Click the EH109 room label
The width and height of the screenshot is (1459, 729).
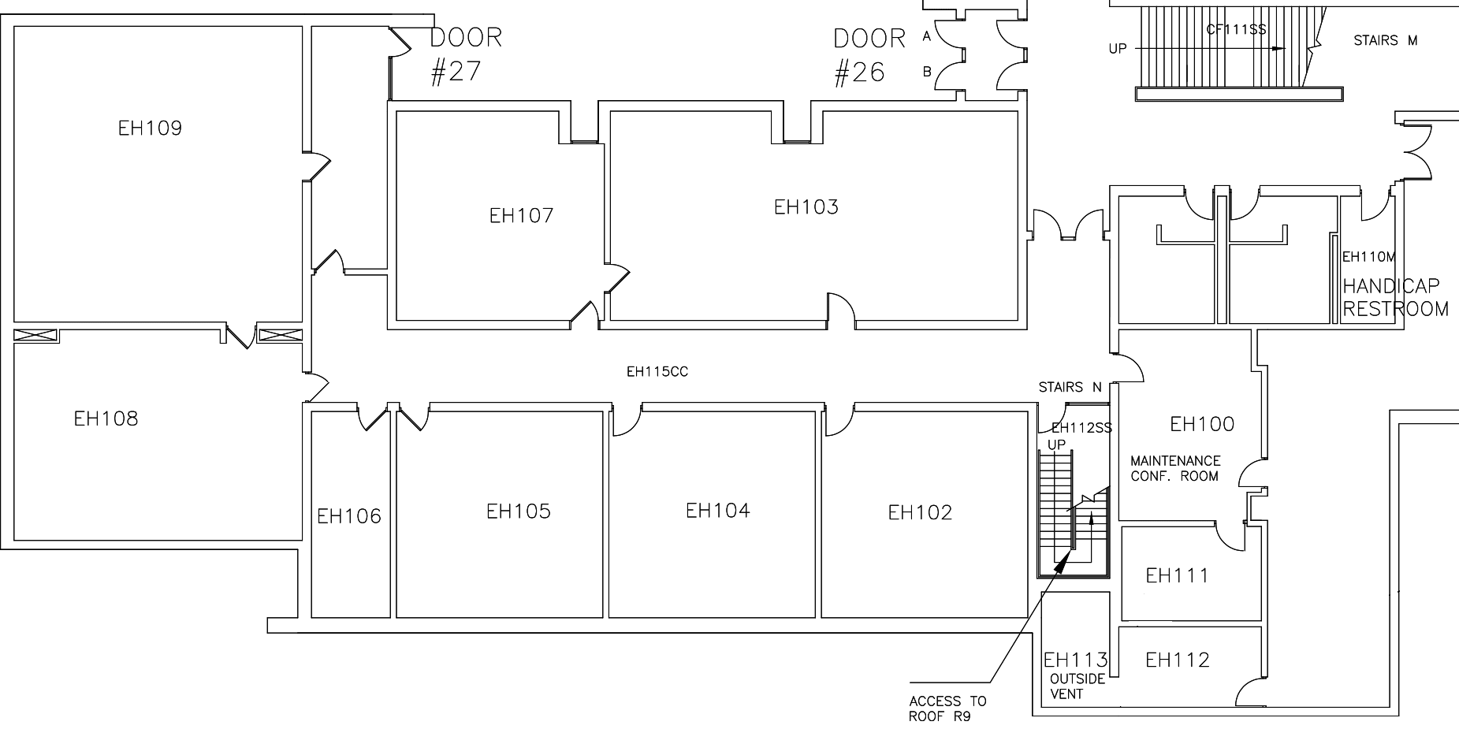[150, 128]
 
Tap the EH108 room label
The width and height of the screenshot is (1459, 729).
[106, 418]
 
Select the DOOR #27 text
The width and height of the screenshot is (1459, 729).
[465, 54]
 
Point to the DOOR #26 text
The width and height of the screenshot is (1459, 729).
[869, 55]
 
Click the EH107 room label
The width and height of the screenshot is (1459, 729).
[521, 216]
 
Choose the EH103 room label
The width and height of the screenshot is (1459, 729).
[806, 207]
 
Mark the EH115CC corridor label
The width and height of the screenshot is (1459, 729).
[657, 372]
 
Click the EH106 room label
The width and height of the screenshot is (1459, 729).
[348, 516]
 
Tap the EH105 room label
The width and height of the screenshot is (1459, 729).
[518, 511]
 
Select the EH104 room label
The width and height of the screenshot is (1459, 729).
[717, 511]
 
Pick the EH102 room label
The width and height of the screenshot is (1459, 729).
[920, 513]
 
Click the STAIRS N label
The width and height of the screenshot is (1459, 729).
[1070, 388]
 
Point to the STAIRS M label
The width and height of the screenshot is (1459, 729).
[1385, 40]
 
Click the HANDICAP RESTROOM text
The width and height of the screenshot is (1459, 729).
[1394, 297]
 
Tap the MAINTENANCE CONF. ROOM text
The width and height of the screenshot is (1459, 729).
[1174, 468]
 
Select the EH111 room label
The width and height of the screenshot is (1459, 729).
[1176, 576]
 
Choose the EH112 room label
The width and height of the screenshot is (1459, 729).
[1177, 660]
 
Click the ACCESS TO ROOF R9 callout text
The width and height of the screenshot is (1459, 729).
[947, 709]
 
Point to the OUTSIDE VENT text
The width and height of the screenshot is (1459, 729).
[1077, 686]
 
